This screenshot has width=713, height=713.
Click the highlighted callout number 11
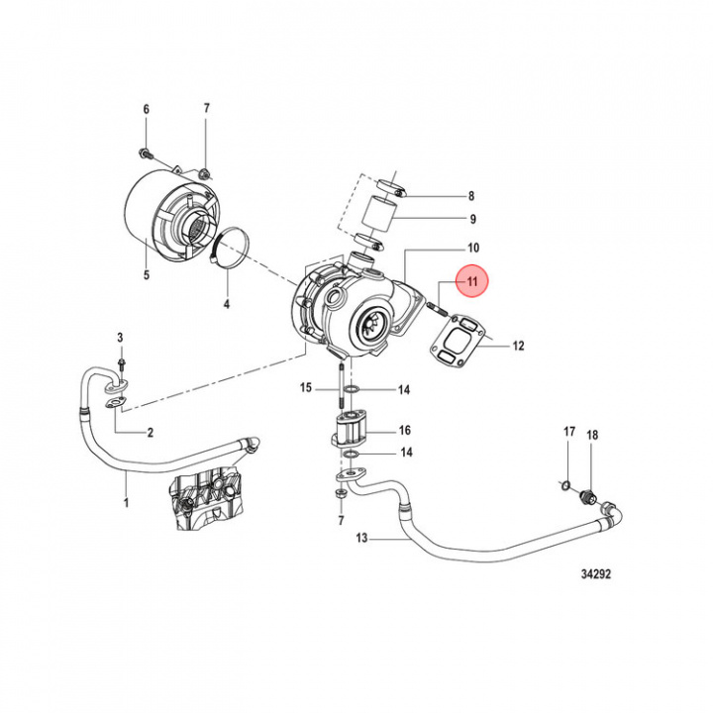pos(472,283)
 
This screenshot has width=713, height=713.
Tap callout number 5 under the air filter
pos(146,274)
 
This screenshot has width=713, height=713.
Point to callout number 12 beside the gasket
pos(518,347)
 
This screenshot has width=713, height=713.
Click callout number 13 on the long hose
pos(361,539)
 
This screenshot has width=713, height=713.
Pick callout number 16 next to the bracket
pos(404,431)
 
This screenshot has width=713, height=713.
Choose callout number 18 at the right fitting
pos(592,435)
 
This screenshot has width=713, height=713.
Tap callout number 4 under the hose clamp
pos(226,303)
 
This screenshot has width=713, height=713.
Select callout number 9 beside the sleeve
pos(472,219)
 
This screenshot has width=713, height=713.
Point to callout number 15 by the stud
pos(306,387)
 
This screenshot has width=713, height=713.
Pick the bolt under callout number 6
pos(146,153)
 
